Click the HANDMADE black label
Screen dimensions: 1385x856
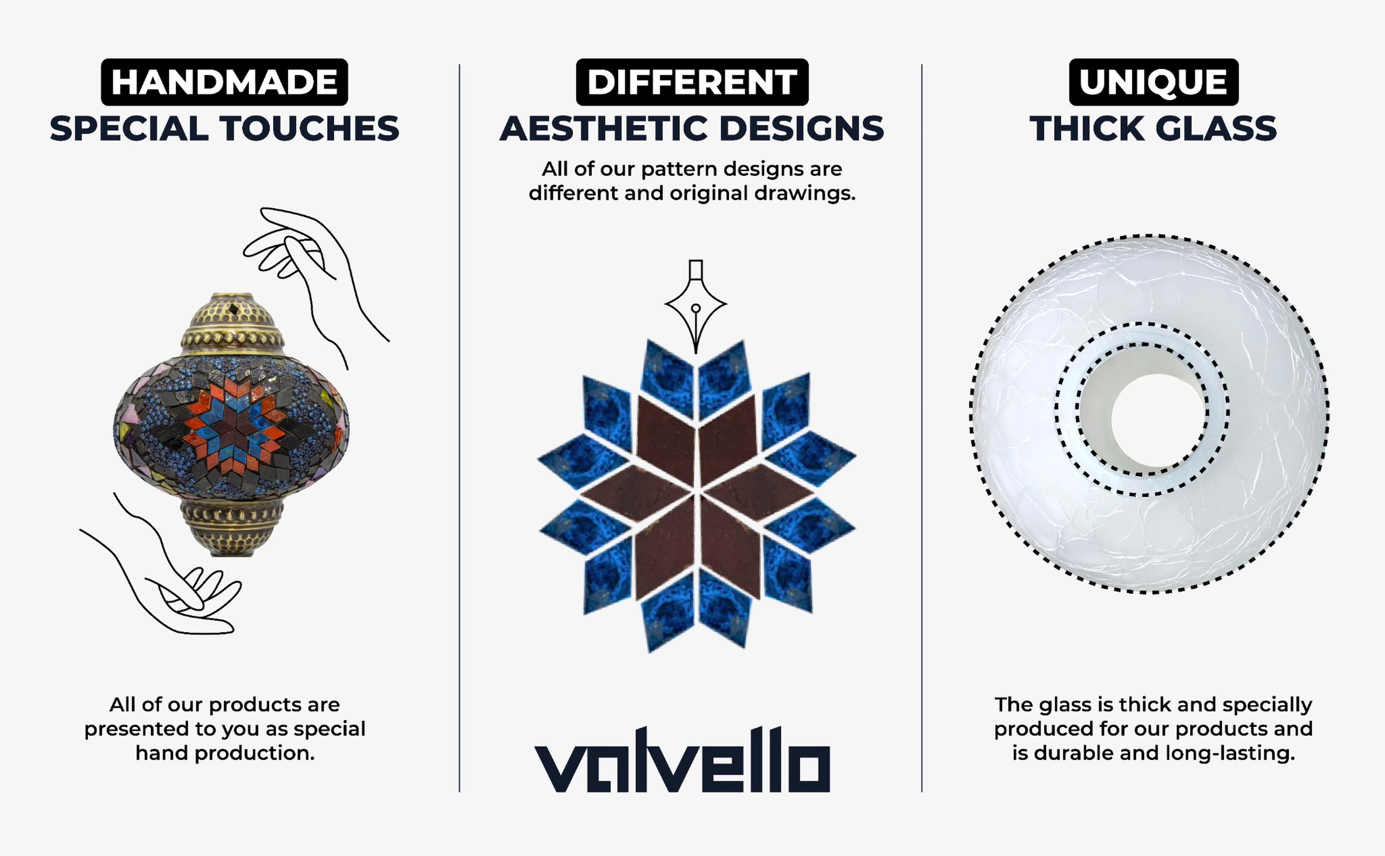click(224, 82)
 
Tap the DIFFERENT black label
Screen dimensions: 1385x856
click(692, 82)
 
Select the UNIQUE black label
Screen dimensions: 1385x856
click(1153, 82)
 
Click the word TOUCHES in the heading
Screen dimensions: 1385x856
click(309, 128)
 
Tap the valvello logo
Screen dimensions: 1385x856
click(682, 760)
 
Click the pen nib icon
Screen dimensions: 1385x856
click(696, 306)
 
